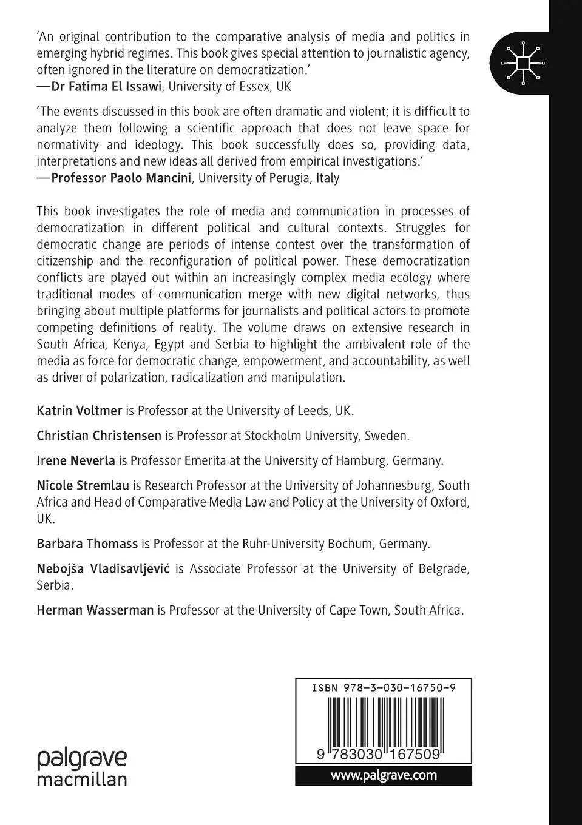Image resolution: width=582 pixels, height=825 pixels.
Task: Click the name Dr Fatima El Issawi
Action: (106, 86)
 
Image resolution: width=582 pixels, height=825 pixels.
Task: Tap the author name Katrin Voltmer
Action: (80, 411)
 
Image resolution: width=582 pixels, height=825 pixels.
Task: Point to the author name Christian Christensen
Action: (99, 436)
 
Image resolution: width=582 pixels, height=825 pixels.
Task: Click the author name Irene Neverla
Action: (76, 460)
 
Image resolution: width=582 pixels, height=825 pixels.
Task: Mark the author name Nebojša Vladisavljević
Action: (103, 568)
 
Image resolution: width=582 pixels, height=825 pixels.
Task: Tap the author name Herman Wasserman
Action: (95, 610)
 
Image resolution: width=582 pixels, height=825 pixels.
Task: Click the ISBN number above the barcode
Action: (384, 688)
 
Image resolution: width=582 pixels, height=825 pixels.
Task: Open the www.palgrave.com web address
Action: (384, 775)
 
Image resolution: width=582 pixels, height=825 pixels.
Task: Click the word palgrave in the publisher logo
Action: (82, 759)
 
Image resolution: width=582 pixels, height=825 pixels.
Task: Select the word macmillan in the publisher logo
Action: (82, 778)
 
